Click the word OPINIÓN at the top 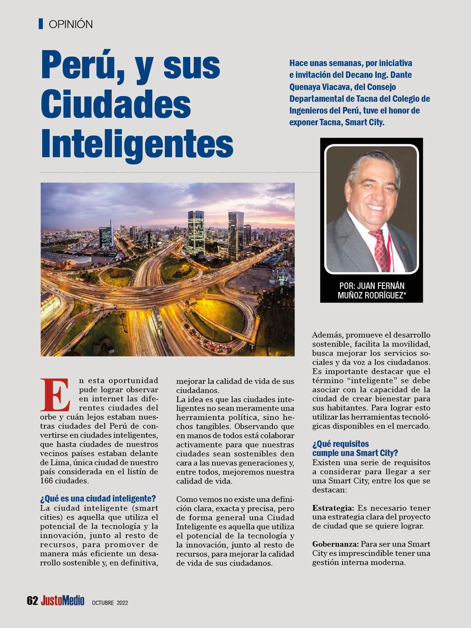click(x=71, y=24)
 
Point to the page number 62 click(x=32, y=600)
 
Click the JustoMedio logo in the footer click(x=63, y=600)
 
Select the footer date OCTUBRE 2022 click(x=110, y=602)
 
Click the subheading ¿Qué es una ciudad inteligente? click(x=98, y=499)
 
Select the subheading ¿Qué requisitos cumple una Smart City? click(x=355, y=448)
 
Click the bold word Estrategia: click(x=333, y=508)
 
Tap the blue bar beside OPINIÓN click(x=41, y=24)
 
